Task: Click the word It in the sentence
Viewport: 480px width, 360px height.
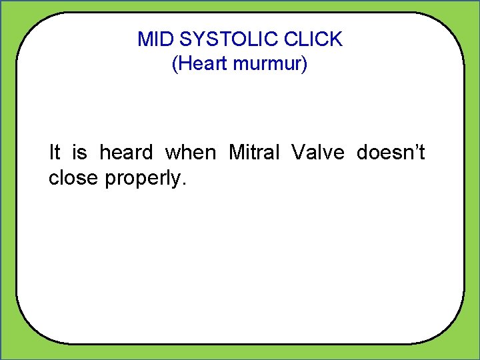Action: (55, 153)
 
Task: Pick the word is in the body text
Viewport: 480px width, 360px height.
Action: (79, 153)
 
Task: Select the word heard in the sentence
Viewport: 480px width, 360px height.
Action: (126, 153)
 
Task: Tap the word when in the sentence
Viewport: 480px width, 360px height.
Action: (190, 153)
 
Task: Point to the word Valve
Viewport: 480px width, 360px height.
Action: (317, 153)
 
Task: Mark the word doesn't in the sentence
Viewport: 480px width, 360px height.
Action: (391, 153)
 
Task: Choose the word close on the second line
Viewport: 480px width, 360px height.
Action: (74, 179)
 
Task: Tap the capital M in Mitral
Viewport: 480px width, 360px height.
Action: (236, 153)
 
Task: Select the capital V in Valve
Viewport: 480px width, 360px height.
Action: (297, 153)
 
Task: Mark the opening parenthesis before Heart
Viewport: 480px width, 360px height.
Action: (175, 65)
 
